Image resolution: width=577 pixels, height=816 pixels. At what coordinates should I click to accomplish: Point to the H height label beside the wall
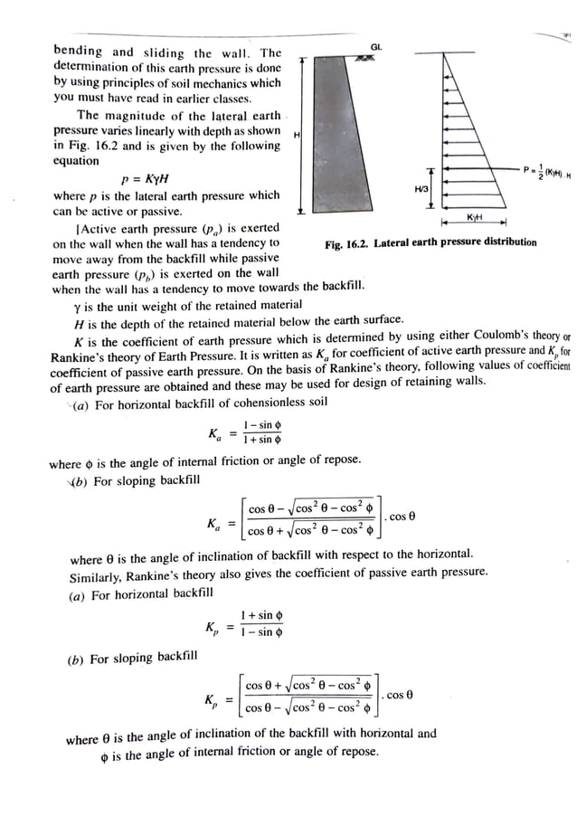(x=298, y=134)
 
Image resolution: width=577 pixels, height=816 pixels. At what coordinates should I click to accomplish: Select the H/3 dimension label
(x=421, y=189)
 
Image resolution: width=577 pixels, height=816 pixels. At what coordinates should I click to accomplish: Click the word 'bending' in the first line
(x=78, y=52)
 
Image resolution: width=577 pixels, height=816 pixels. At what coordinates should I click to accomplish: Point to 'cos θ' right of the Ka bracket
(x=402, y=517)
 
